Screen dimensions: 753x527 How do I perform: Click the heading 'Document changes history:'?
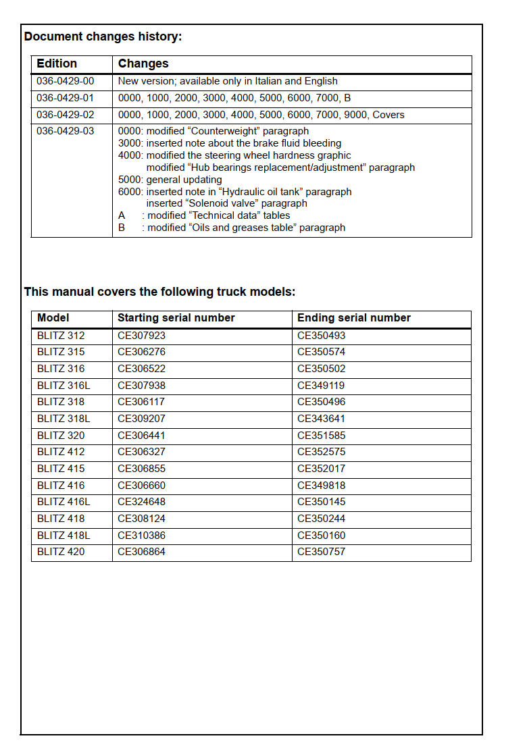103,36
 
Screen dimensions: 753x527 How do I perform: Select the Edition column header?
57,63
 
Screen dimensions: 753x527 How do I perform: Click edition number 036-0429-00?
66,81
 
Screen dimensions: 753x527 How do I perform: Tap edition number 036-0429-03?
66,131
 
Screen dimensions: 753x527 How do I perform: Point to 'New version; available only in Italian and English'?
228,81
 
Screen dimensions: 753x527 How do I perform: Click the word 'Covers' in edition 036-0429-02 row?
388,115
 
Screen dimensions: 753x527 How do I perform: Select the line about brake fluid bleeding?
230,143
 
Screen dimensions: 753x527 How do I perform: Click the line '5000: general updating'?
170,180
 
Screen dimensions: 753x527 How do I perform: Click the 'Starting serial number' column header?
176,318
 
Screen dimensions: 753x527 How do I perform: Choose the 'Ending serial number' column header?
354,318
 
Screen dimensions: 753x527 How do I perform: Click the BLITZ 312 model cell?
61,336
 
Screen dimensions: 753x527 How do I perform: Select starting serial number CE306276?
141,352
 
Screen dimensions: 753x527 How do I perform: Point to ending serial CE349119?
321,386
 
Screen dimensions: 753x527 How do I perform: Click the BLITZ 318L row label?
64,419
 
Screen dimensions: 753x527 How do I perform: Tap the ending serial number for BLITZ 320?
321,436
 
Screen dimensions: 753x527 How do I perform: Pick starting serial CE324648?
141,502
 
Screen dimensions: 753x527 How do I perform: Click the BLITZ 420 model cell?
61,552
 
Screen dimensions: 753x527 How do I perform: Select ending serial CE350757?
321,552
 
